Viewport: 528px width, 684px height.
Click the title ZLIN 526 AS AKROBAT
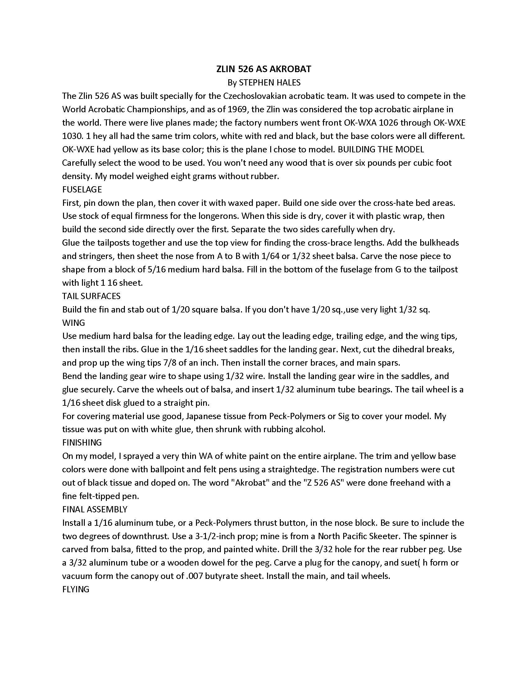click(x=264, y=69)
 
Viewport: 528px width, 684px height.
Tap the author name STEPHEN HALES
click(x=269, y=83)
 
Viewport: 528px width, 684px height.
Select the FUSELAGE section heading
click(x=82, y=189)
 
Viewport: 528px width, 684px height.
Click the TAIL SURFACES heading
click(x=91, y=296)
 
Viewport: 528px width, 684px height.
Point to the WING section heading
click(x=74, y=323)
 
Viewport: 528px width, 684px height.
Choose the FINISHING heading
click(x=82, y=442)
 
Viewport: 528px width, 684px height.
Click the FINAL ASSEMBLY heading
click(x=95, y=509)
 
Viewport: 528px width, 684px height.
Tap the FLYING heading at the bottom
click(x=76, y=589)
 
